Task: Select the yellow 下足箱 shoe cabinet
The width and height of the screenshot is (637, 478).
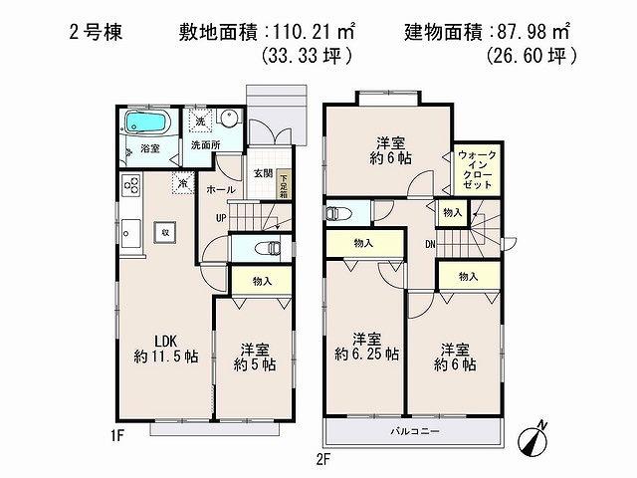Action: (284, 184)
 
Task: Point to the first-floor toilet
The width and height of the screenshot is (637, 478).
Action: (266, 247)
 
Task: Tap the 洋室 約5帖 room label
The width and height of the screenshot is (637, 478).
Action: (255, 358)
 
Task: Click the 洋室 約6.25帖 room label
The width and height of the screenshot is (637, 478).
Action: (365, 345)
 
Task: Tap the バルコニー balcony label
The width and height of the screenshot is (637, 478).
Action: (411, 431)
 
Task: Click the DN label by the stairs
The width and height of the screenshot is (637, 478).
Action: (430, 244)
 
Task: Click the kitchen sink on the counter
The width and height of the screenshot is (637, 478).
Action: (130, 225)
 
